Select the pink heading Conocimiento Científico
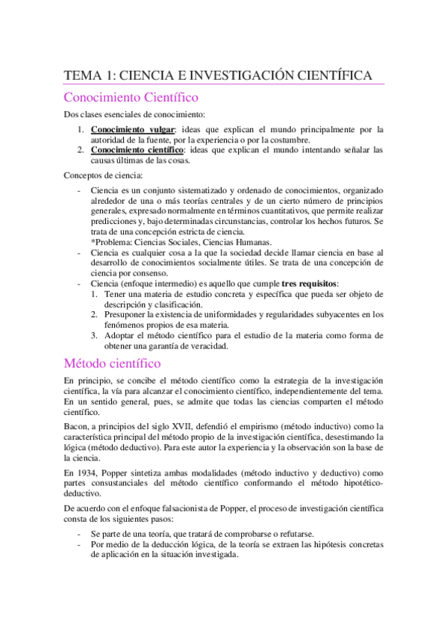(x=131, y=98)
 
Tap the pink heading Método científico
(x=112, y=364)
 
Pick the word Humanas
(x=253, y=242)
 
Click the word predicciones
(x=115, y=222)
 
